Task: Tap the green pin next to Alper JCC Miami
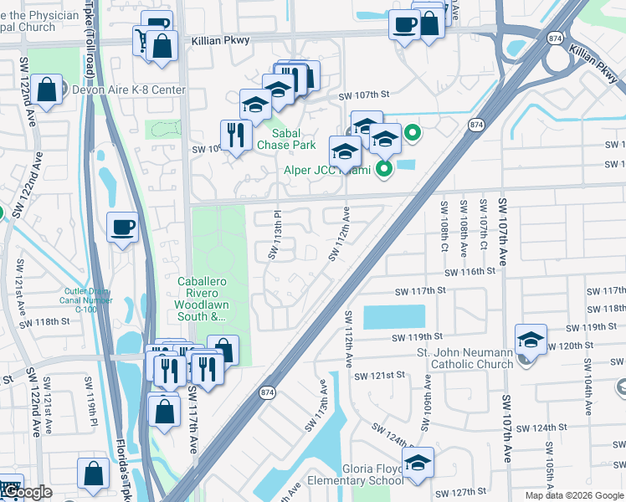click(x=384, y=171)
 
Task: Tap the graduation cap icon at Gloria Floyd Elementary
click(x=418, y=462)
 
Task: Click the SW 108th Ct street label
click(x=444, y=225)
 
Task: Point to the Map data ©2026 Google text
click(x=573, y=495)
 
